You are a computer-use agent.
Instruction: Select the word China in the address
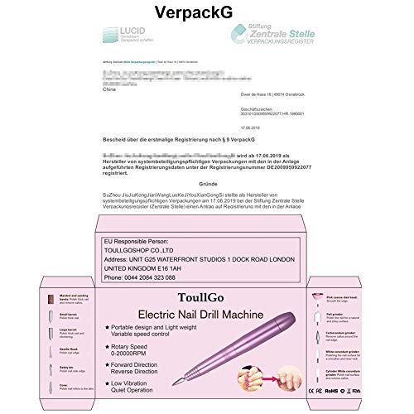107,93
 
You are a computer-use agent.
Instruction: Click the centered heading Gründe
212,183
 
